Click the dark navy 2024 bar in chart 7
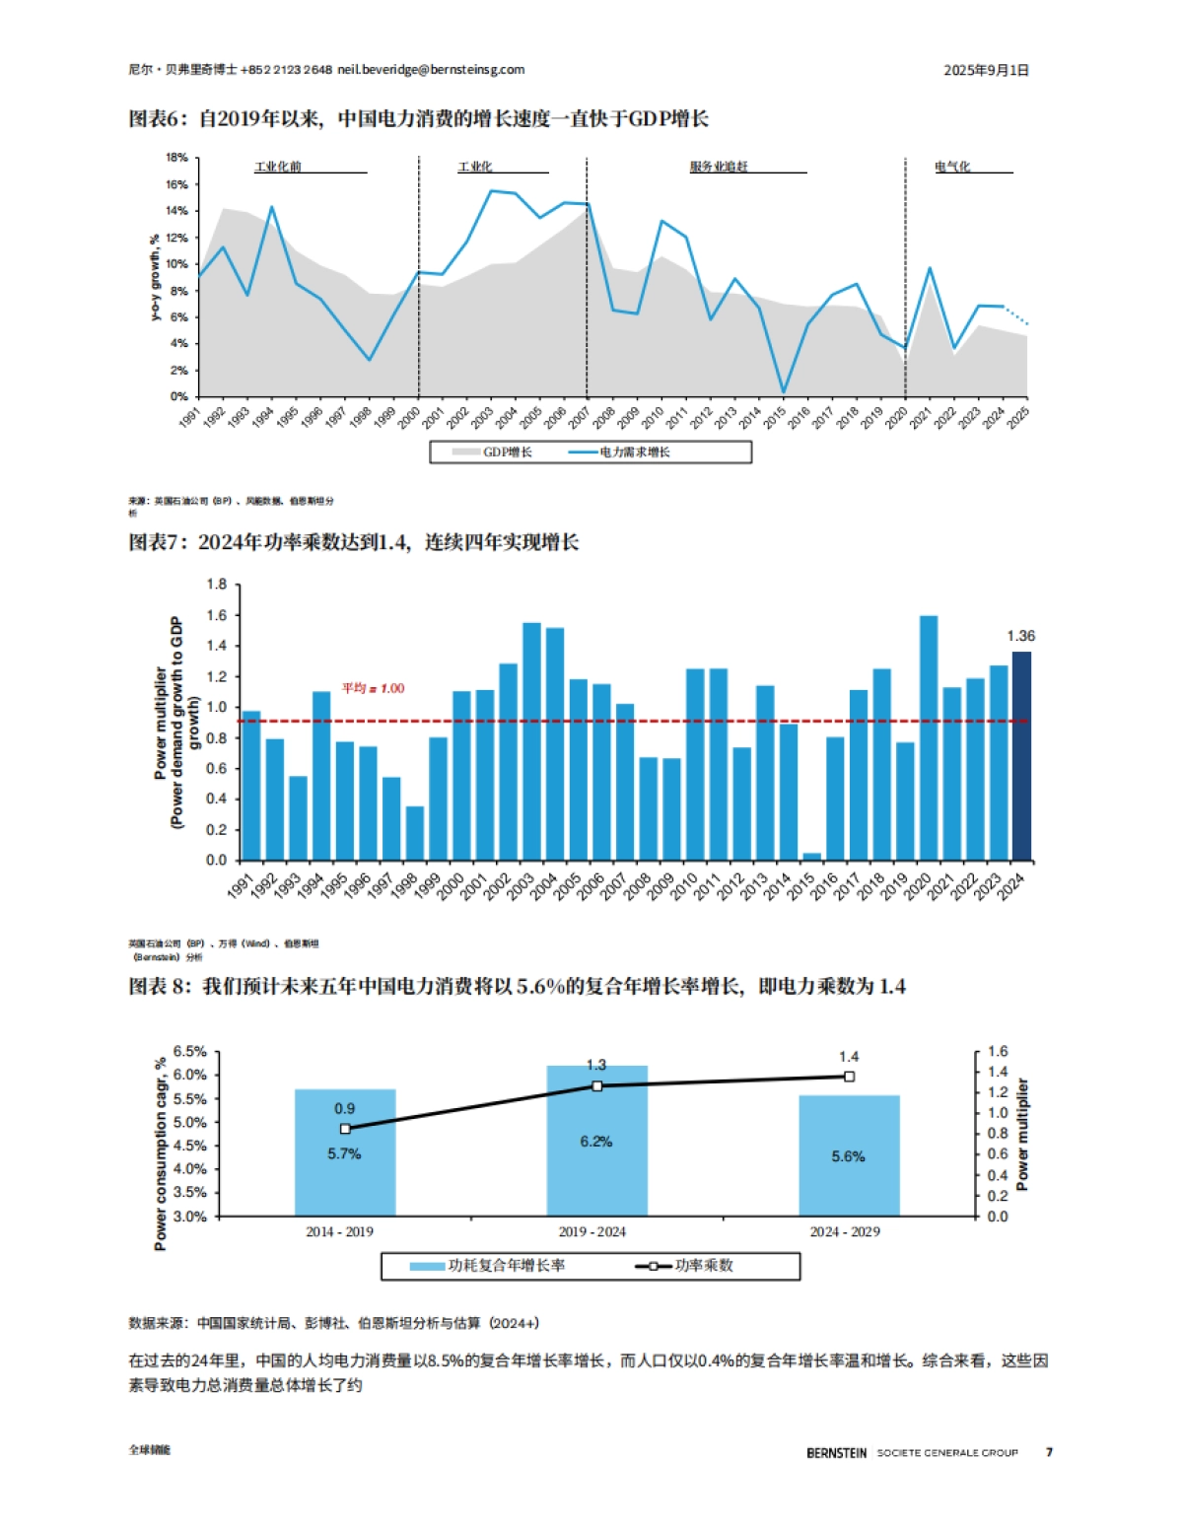(1021, 756)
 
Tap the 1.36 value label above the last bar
(1020, 636)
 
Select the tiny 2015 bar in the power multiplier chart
(811, 856)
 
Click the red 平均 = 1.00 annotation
(373, 688)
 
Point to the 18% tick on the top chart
(176, 158)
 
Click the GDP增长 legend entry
(493, 453)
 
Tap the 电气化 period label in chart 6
(952, 167)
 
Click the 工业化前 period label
(278, 167)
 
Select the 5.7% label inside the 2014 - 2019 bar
(344, 1153)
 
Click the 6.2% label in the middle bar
(596, 1142)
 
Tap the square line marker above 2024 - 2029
(849, 1077)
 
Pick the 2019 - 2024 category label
(591, 1231)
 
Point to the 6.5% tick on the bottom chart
(189, 1052)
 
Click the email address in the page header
(431, 70)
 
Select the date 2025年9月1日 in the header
(986, 70)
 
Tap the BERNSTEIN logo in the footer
(836, 1453)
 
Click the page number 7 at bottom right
(1049, 1452)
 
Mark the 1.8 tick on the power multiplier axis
(216, 585)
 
